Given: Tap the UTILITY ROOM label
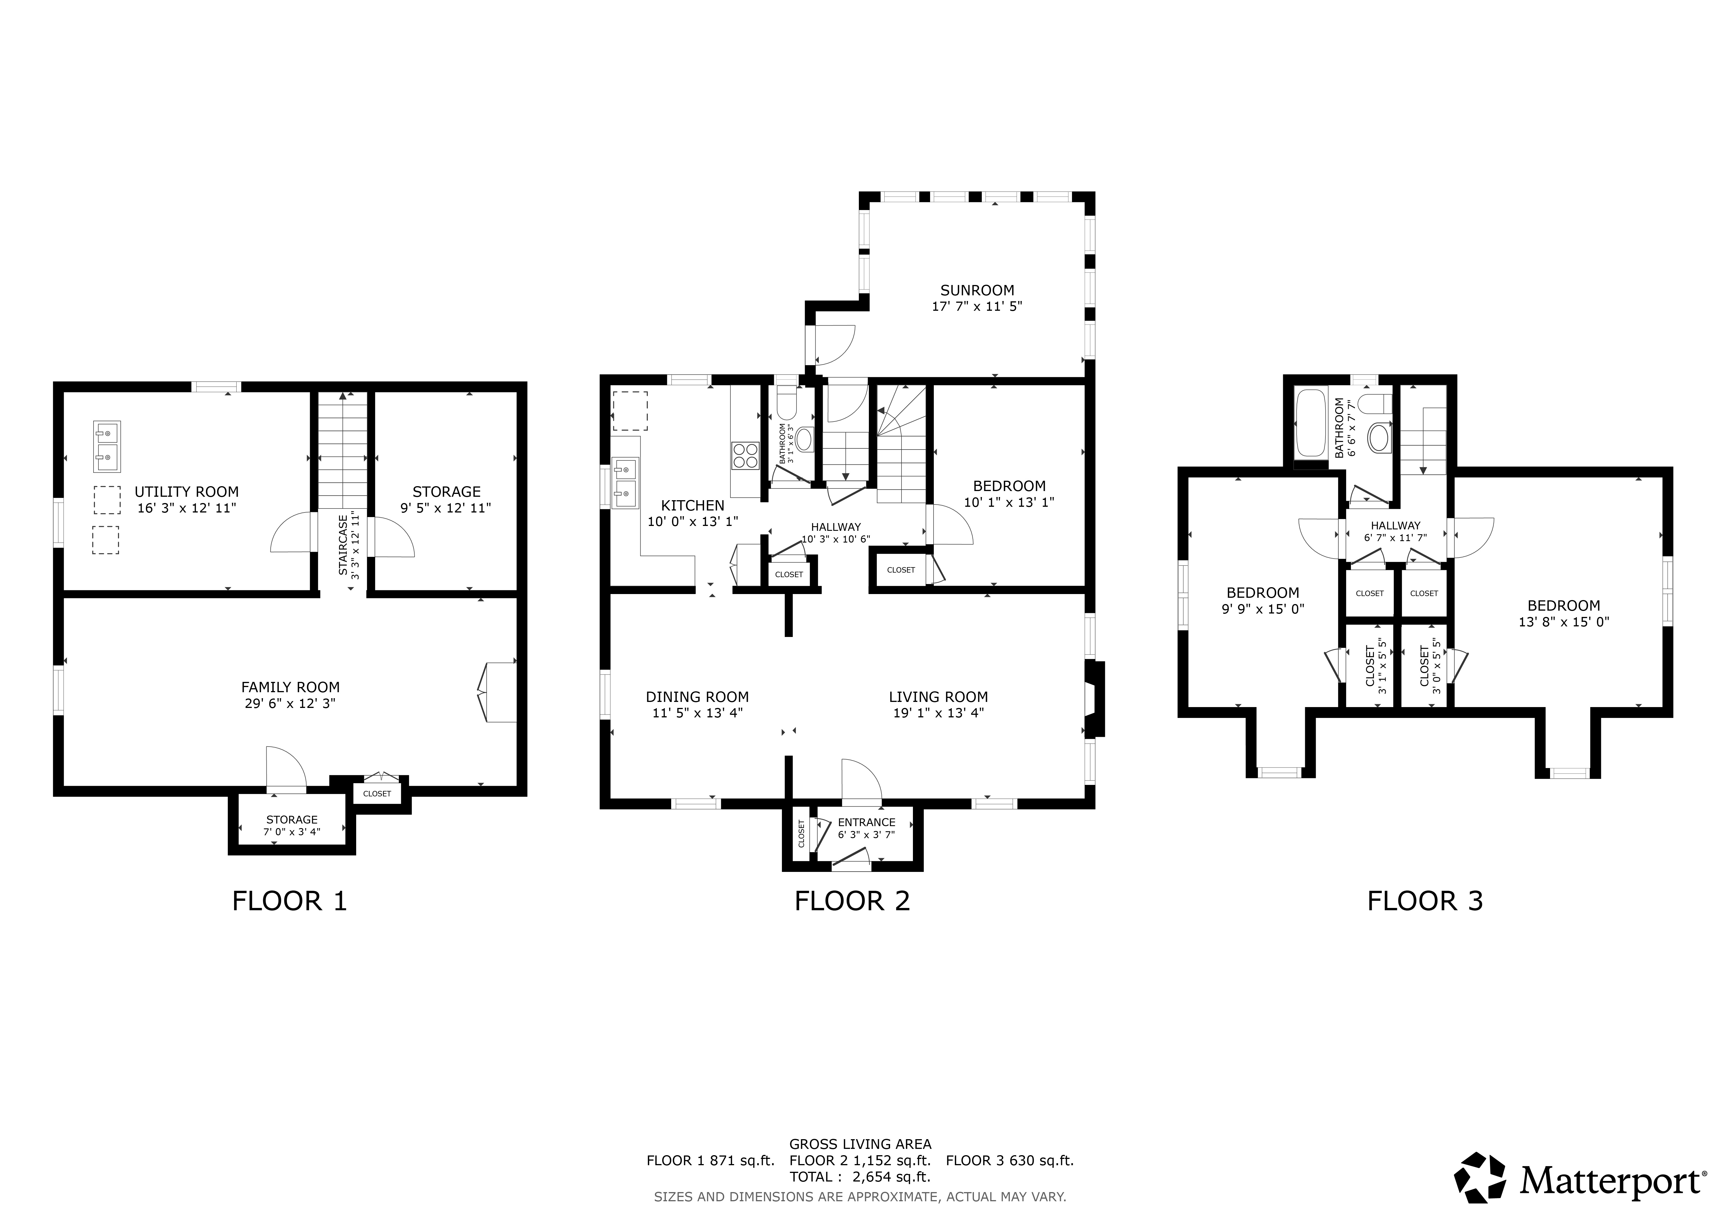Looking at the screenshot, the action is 187,492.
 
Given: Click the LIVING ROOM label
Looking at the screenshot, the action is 938,697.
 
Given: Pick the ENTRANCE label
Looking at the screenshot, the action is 867,822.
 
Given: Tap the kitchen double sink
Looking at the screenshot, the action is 625,483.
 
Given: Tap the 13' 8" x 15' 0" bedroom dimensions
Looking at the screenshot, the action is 1563,622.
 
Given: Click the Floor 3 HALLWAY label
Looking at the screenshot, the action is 1395,526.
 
